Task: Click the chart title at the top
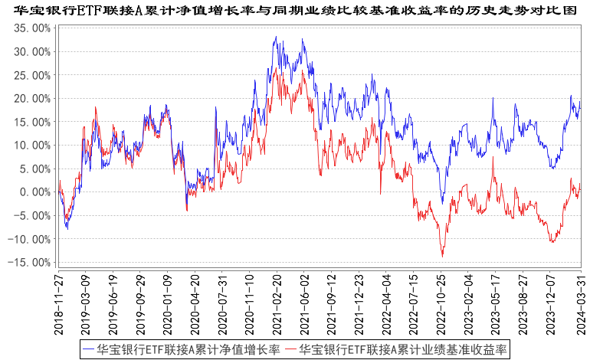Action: pyautogui.click(x=295, y=10)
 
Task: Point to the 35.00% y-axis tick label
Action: pyautogui.click(x=32, y=28)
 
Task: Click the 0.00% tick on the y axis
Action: pyautogui.click(x=34, y=192)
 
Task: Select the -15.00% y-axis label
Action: pyautogui.click(x=31, y=263)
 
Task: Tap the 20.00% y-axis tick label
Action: pyautogui.click(x=32, y=99)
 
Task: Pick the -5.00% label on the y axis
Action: pyautogui.click(x=33, y=216)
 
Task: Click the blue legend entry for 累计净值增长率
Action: pyautogui.click(x=181, y=349)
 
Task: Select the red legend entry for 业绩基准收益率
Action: pyautogui.click(x=395, y=349)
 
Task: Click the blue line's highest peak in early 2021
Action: pyautogui.click(x=274, y=37)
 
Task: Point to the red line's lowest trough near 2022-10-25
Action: pyautogui.click(x=442, y=256)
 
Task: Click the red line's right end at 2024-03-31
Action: pyautogui.click(x=580, y=185)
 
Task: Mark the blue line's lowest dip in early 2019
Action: pyautogui.click(x=67, y=229)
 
